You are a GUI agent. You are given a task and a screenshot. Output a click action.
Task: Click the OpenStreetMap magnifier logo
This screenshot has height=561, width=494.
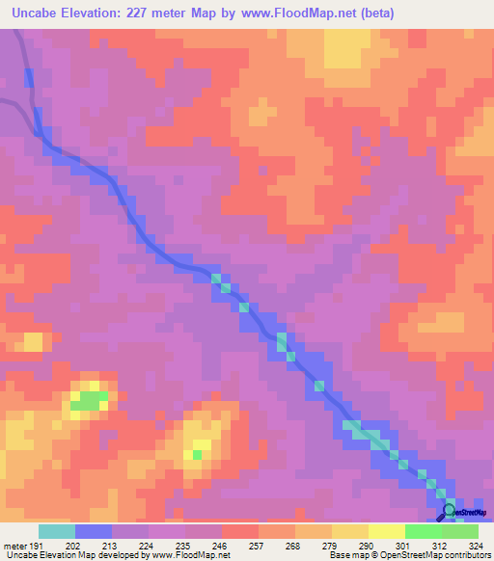tap(449, 511)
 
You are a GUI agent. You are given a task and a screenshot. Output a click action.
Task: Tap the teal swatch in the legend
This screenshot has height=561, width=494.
tap(56, 531)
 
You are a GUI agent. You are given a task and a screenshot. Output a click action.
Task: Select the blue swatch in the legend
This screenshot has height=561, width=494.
tap(94, 531)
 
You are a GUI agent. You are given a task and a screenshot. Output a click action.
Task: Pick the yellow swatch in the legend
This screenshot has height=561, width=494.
tap(386, 531)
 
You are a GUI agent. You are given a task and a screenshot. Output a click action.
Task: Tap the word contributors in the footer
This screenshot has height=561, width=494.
tap(465, 555)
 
